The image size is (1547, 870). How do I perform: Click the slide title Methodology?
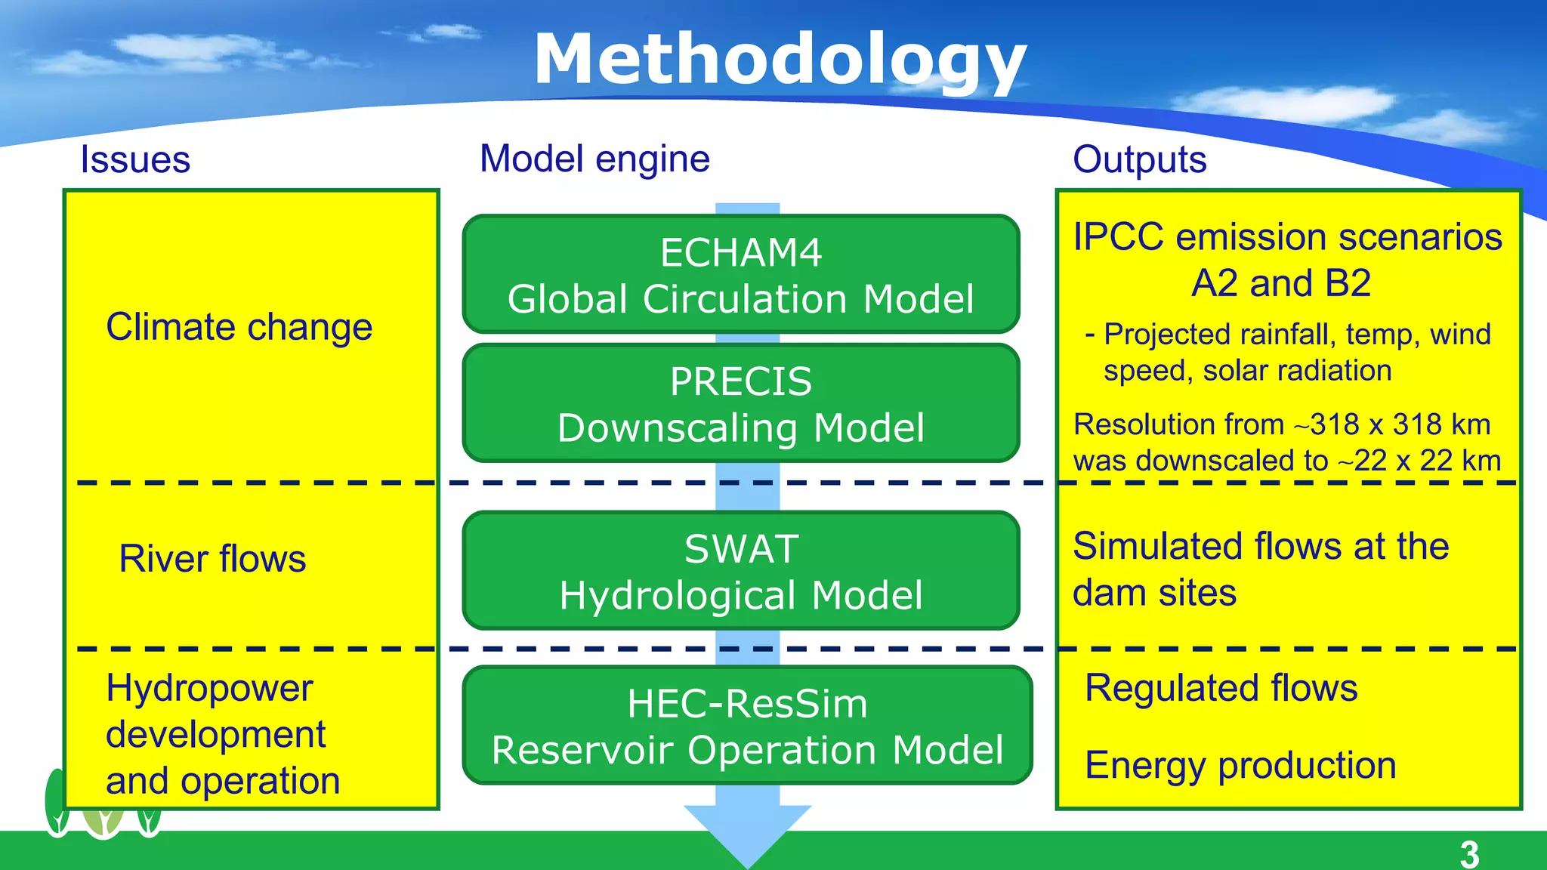pyautogui.click(x=780, y=60)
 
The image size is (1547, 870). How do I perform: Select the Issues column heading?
pyautogui.click(x=135, y=159)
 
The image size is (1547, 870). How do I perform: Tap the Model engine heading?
pyautogui.click(x=594, y=159)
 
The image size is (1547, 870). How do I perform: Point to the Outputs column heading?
pyautogui.click(x=1139, y=159)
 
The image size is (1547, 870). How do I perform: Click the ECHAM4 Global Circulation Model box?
pyautogui.click(x=741, y=274)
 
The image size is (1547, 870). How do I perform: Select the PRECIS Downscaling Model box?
pyautogui.click(x=741, y=403)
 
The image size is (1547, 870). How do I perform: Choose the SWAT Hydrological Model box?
pyautogui.click(x=741, y=571)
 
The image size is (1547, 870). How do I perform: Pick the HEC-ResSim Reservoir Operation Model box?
pyautogui.click(x=747, y=726)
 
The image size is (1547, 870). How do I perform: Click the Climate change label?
pyautogui.click(x=239, y=327)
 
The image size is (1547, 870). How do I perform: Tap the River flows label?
pyautogui.click(x=212, y=559)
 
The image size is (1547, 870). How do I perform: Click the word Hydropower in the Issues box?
pyautogui.click(x=209, y=688)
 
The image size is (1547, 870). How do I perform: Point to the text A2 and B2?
pyautogui.click(x=1281, y=283)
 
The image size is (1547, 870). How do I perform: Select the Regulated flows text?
pyautogui.click(x=1221, y=688)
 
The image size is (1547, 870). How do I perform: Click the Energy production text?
pyautogui.click(x=1240, y=765)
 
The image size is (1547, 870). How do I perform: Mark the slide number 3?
pyautogui.click(x=1468, y=854)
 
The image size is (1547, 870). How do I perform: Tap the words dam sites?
pyautogui.click(x=1154, y=593)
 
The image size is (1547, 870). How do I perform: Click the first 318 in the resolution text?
pyautogui.click(x=1335, y=424)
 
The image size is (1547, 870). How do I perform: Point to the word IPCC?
pyautogui.click(x=1118, y=237)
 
